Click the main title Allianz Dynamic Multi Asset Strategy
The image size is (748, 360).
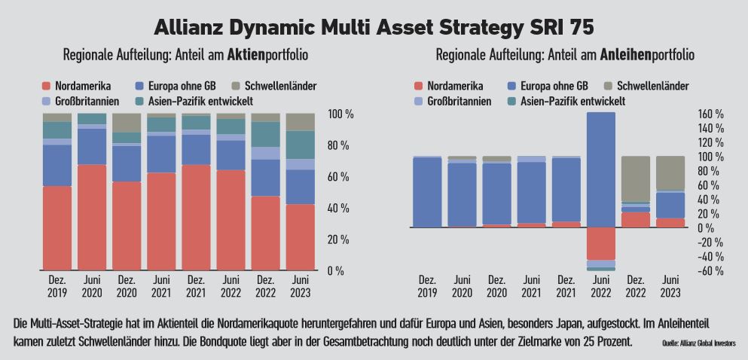374,27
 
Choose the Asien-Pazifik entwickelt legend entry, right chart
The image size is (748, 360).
572,101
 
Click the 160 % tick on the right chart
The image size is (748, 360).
710,114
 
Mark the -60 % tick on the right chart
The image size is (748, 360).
710,271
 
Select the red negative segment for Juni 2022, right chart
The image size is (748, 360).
600,243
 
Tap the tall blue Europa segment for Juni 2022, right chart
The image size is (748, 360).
600,169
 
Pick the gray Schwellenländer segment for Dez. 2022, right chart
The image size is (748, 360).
635,178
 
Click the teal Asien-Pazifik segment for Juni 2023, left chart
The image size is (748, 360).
300,145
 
